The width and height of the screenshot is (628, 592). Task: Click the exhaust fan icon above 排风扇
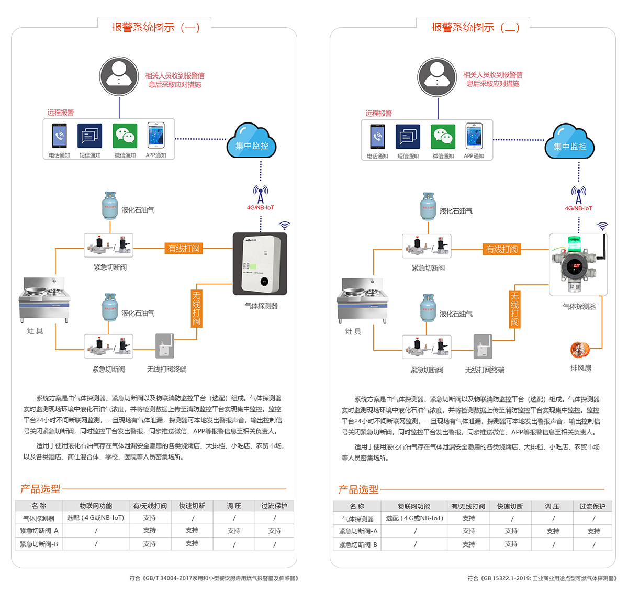coord(580,350)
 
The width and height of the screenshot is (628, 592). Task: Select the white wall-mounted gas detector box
coord(260,264)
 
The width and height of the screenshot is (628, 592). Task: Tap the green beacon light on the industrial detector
coord(574,243)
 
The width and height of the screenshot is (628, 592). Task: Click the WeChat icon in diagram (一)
coord(125,136)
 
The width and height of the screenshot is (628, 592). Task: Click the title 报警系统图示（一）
coord(155,27)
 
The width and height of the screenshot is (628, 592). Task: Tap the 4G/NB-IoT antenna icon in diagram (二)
coord(578,195)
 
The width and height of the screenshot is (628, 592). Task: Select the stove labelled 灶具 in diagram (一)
coord(44,300)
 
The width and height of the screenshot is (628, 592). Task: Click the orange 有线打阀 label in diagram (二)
coord(502,249)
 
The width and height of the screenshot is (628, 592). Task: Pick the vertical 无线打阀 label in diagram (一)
coord(196,308)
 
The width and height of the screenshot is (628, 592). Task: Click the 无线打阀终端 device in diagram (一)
coord(165,346)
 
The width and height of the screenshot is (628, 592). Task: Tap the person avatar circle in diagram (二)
coord(438,77)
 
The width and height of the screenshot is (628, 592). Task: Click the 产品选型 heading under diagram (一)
coord(40,489)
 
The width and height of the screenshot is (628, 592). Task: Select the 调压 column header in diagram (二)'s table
coord(552,506)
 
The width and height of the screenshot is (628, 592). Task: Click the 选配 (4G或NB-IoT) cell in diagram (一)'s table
coord(96,518)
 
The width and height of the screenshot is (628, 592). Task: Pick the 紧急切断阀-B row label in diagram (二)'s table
coord(358,544)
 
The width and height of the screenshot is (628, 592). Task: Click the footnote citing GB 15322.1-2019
coord(542,578)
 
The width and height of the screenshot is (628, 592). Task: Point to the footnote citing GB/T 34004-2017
coord(214,578)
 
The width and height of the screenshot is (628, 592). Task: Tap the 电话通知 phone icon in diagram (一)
coord(59,136)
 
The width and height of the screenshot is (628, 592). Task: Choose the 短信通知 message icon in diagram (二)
coord(408,137)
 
